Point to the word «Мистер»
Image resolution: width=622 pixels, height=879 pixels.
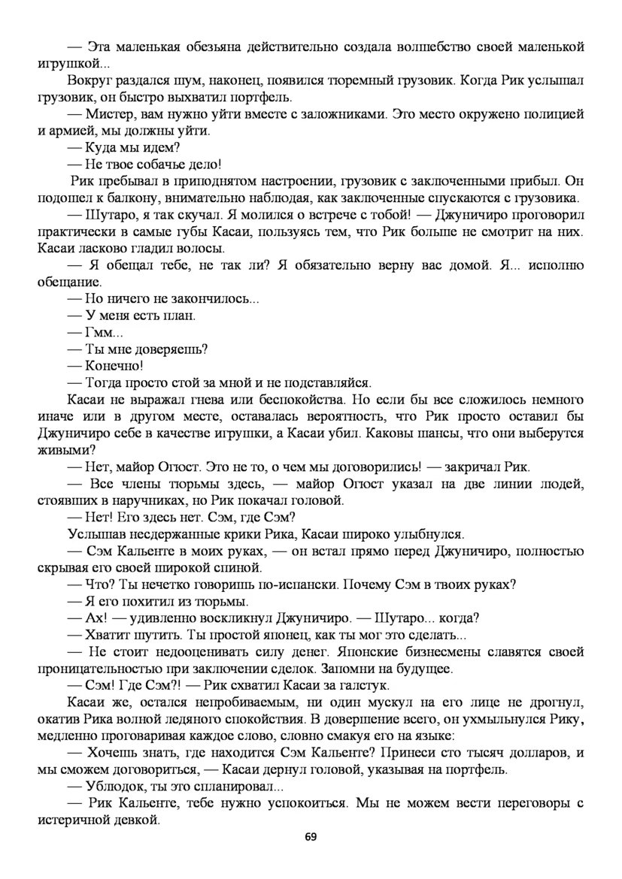pos(111,113)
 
